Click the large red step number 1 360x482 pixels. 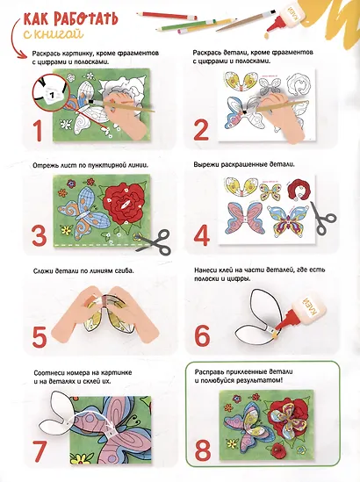pyautogui.click(x=39, y=130)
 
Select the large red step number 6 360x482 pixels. pyautogui.click(x=202, y=335)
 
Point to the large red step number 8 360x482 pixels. pyautogui.click(x=203, y=451)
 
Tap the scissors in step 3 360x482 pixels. pyautogui.click(x=153, y=241)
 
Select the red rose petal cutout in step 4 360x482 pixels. pyautogui.click(x=299, y=189)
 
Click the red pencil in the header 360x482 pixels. pyautogui.click(x=166, y=16)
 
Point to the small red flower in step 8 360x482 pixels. pyautogui.click(x=278, y=450)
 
